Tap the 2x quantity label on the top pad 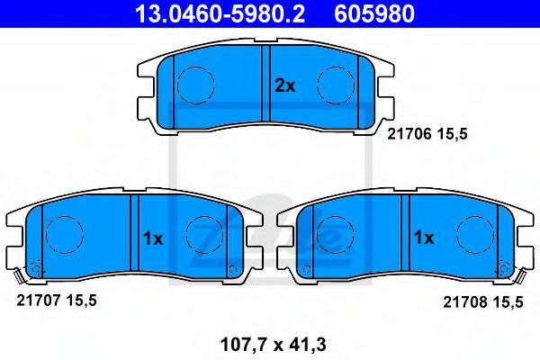[284, 86]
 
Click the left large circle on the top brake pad [195, 85]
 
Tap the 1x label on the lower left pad [152, 238]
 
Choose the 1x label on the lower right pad [423, 238]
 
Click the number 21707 [37, 301]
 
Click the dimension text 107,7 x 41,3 [268, 342]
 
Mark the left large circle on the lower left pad [64, 236]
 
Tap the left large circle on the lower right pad [336, 236]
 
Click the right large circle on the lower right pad [474, 236]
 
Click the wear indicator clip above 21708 [519, 276]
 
